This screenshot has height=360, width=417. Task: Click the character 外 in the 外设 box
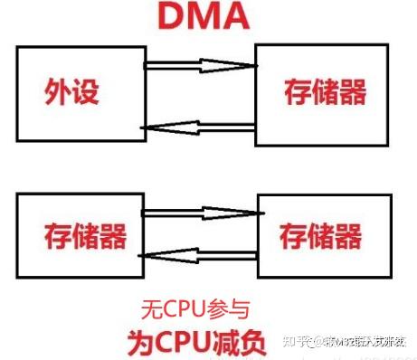pyautogui.click(x=59, y=91)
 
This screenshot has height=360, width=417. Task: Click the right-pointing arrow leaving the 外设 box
pyautogui.click(x=200, y=64)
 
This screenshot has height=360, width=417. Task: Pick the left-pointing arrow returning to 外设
pyautogui.click(x=200, y=130)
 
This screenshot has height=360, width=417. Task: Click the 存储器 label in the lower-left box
pyautogui.click(x=84, y=237)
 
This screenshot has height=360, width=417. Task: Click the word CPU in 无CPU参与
pyautogui.click(x=179, y=309)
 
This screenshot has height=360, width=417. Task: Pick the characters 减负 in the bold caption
pyautogui.click(x=236, y=342)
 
